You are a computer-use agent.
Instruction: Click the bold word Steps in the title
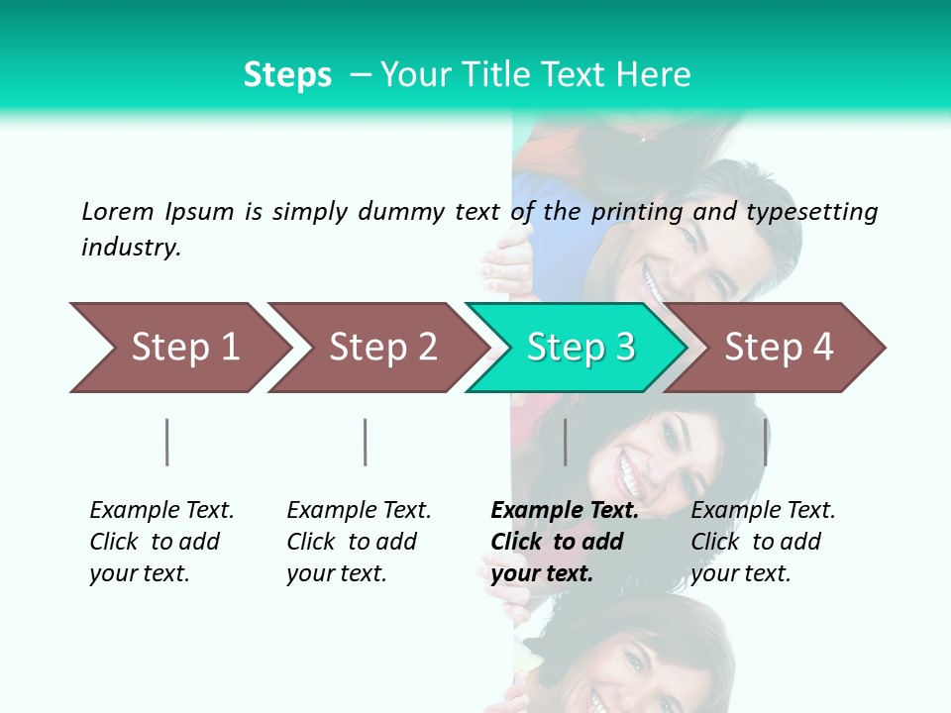287,75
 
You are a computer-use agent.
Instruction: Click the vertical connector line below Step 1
167,442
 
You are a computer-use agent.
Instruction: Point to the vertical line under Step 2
366,442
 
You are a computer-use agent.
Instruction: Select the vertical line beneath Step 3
565,442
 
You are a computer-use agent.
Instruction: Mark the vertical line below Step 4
765,442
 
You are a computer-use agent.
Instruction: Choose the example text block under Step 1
161,541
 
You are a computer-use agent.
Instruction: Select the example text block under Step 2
359,541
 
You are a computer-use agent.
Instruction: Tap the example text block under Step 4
763,541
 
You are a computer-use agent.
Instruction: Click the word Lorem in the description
118,211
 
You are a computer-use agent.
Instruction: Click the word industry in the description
131,248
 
